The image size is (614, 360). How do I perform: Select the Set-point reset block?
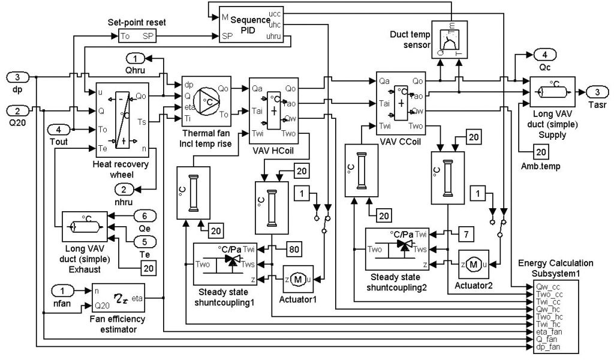pos(137,36)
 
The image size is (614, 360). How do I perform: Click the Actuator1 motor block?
pos(298,279)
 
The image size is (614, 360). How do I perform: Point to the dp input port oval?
pos(17,77)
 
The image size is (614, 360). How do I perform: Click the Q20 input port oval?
pos(17,110)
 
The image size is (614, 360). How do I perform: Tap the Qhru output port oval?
pos(136,58)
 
